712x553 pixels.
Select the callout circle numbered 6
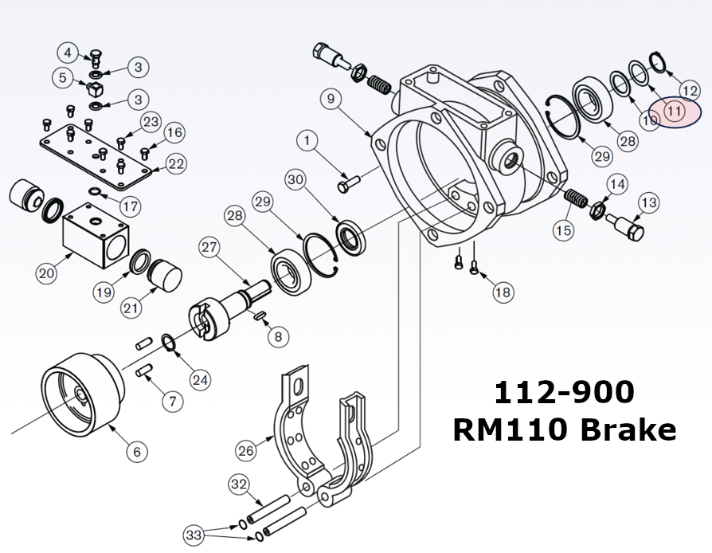[136, 452]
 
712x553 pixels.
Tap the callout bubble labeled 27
[209, 247]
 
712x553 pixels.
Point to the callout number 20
[46, 273]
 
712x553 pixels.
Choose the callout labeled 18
[503, 292]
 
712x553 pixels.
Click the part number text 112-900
[564, 392]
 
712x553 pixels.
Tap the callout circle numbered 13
[648, 203]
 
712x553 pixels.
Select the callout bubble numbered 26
[245, 450]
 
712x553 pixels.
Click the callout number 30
[296, 180]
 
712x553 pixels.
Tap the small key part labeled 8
[260, 316]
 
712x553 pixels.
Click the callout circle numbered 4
[68, 53]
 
